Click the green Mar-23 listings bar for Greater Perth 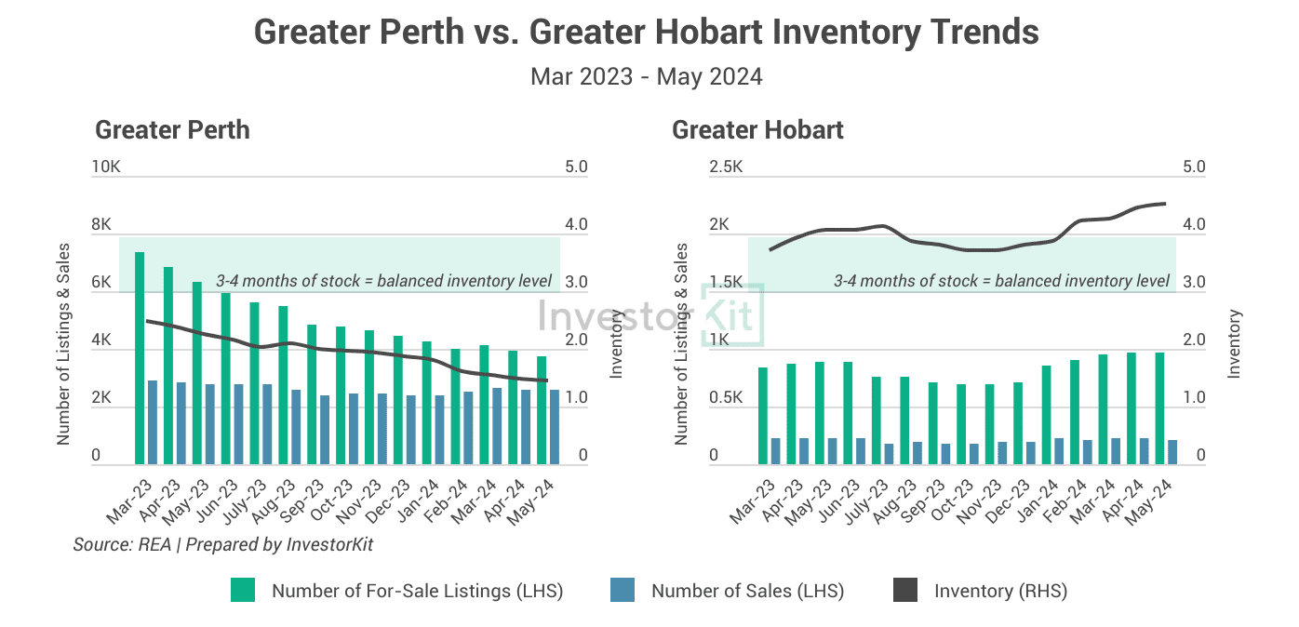click(140, 358)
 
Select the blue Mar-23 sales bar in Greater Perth click(152, 422)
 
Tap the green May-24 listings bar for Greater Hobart click(1159, 408)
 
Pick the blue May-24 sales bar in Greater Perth click(555, 427)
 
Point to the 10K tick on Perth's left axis click(106, 167)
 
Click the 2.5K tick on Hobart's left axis click(726, 167)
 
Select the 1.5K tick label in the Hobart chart click(726, 283)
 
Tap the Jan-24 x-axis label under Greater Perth click(424, 499)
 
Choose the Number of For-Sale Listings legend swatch click(243, 591)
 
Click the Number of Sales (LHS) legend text click(747, 591)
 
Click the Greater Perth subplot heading click(172, 129)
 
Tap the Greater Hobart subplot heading click(757, 129)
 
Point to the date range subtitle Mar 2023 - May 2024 click(646, 76)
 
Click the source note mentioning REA click(222, 545)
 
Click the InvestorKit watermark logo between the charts click(650, 314)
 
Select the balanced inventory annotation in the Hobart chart click(1001, 280)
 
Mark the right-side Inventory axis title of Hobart click(1235, 344)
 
